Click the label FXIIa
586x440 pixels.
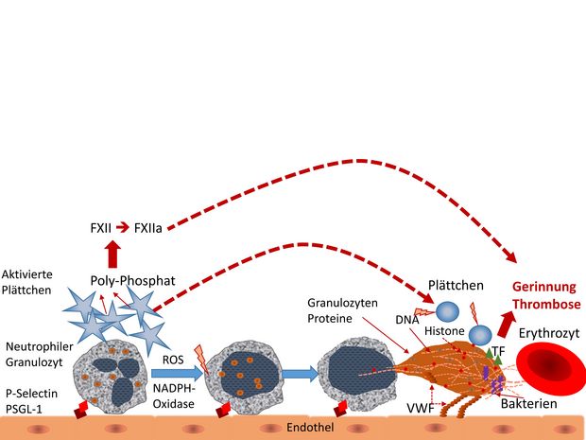148,228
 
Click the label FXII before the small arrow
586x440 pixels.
100,228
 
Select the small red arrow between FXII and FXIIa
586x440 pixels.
123,227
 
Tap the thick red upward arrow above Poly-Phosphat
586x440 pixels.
112,254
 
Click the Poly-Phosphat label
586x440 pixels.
132,281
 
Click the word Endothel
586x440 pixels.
310,428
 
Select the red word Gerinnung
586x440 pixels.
544,287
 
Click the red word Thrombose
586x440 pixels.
546,304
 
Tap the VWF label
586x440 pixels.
421,408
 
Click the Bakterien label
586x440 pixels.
529,404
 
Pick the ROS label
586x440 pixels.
173,360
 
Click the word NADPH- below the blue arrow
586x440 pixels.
174,388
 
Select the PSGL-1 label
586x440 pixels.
24,409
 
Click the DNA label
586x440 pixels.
407,320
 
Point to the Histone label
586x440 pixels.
444,331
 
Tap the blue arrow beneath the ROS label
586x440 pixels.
177,373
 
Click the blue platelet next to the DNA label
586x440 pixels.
447,311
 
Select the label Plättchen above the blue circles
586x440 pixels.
456,286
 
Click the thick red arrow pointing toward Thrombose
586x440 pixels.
506,324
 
